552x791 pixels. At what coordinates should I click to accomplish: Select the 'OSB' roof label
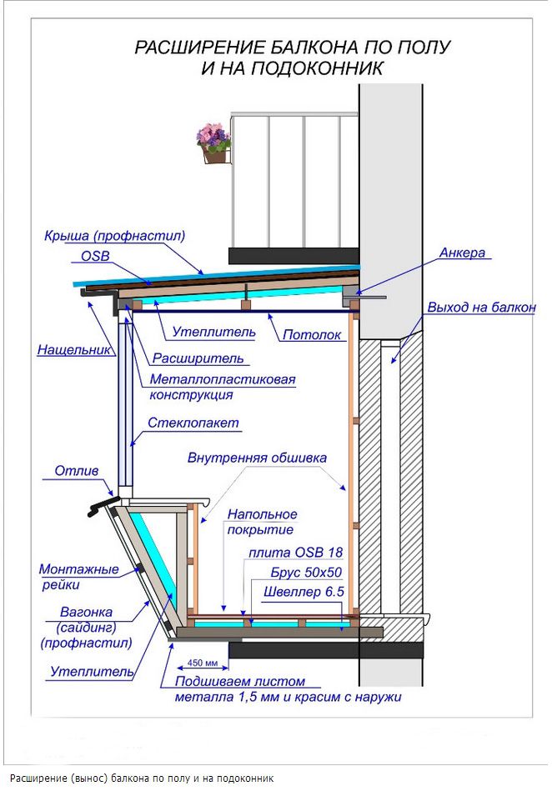[x=94, y=255]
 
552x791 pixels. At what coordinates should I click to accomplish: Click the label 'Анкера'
[x=460, y=253]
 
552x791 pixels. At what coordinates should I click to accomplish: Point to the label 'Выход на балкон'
[x=481, y=308]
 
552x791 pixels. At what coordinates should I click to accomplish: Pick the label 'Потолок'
[x=312, y=335]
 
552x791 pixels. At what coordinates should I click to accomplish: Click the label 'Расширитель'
[x=198, y=358]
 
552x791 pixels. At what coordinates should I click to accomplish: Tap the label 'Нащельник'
[x=73, y=351]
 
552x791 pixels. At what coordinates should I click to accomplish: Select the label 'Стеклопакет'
[x=193, y=423]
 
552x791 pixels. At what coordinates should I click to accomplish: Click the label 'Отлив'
[x=77, y=471]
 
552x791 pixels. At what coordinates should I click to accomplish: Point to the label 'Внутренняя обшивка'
[x=257, y=458]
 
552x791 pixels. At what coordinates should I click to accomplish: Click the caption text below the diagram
[x=142, y=778]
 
